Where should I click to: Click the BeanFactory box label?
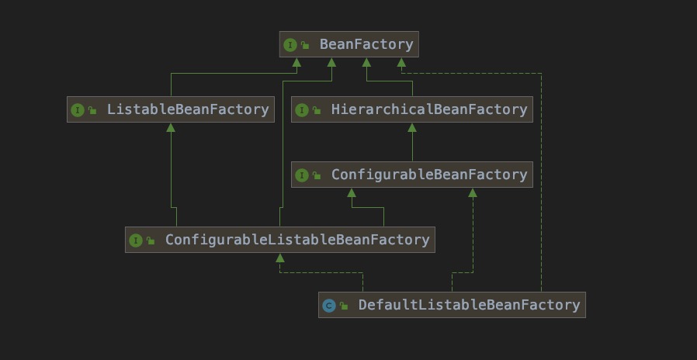(x=366, y=44)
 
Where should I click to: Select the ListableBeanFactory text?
(x=188, y=109)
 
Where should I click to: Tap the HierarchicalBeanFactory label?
(x=429, y=109)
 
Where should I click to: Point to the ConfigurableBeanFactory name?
(x=429, y=175)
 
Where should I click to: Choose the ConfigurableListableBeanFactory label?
(x=297, y=240)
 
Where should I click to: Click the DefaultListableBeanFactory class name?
(x=469, y=305)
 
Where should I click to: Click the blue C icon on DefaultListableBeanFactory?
(x=329, y=306)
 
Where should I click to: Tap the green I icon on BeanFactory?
(x=290, y=45)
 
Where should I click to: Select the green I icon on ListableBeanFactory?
(x=78, y=109)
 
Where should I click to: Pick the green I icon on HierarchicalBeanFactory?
(x=302, y=109)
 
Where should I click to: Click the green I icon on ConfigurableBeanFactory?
(x=302, y=175)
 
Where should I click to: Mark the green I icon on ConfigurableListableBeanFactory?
(x=136, y=241)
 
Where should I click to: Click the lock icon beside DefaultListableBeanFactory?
(x=344, y=306)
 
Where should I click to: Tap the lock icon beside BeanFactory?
(x=304, y=45)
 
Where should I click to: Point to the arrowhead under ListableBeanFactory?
(x=171, y=127)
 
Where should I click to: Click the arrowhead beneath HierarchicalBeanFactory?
(x=412, y=127)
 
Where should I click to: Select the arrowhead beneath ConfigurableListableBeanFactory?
(x=280, y=258)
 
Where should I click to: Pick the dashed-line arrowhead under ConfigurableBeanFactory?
(x=473, y=193)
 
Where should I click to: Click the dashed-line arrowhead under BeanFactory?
(x=401, y=62)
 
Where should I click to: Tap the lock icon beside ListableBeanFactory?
(x=92, y=109)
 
